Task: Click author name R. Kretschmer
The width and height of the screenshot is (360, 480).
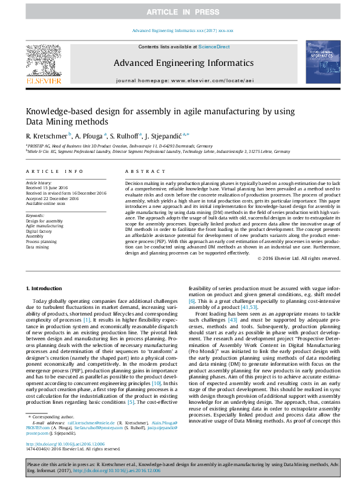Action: click(46, 135)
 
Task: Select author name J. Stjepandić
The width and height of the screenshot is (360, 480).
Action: click(168, 135)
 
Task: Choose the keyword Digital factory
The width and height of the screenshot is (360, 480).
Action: click(39, 231)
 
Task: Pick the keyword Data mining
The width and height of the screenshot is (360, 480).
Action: click(37, 247)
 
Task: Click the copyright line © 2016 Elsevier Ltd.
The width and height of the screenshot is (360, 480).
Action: click(298, 258)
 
